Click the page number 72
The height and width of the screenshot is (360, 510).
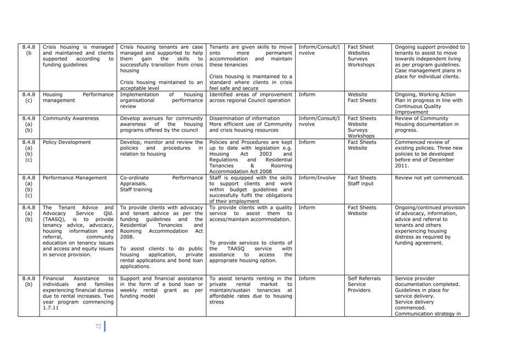(98, 326)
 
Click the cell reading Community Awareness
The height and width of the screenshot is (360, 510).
(71, 119)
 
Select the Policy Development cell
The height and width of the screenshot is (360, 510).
(67, 143)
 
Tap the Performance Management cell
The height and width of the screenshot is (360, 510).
(75, 178)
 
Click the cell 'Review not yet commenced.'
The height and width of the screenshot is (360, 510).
(429, 178)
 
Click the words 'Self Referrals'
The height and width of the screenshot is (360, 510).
(364, 279)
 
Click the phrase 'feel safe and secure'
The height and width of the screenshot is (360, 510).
(234, 88)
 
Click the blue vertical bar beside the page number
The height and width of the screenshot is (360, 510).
(104, 326)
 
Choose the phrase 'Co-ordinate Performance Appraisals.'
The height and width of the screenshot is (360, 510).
(161, 181)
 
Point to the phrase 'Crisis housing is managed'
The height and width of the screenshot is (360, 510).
(78, 47)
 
